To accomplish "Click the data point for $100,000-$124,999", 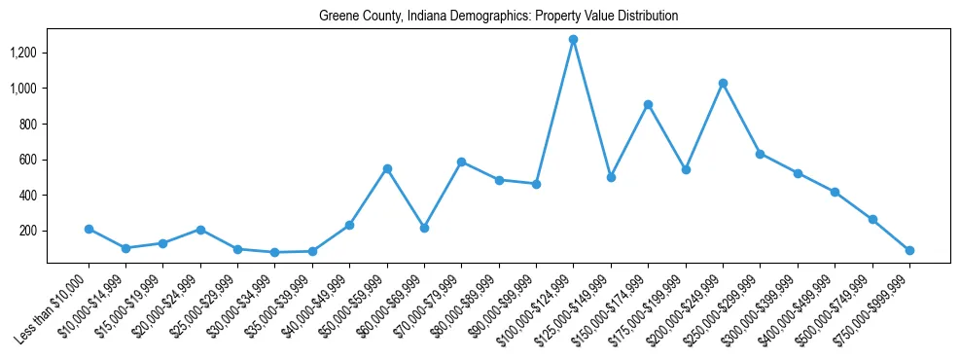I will (573, 40).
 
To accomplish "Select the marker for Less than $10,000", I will (89, 229).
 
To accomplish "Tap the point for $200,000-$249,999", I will (723, 84).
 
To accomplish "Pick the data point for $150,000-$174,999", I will (648, 104).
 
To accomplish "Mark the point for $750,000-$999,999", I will (909, 250).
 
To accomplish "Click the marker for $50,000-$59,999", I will (387, 168).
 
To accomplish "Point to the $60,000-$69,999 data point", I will (424, 228).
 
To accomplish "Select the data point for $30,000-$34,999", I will (275, 252).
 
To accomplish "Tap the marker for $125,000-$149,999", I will (611, 177).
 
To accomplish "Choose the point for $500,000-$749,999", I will (872, 220).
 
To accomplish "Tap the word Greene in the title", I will (338, 17).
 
